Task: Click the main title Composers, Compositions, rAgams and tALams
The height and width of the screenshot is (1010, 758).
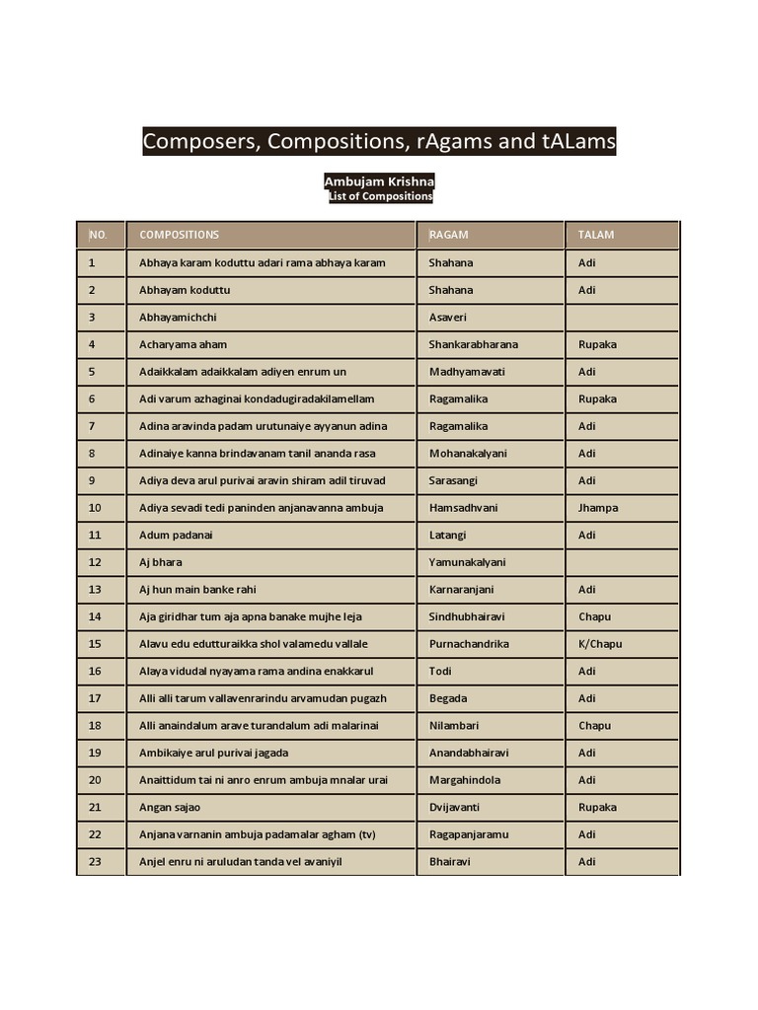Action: coord(379,142)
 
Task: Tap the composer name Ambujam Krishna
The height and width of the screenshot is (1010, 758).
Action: coord(379,182)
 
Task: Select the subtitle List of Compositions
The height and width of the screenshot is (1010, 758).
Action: coord(379,196)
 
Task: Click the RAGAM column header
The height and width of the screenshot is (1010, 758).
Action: coord(449,235)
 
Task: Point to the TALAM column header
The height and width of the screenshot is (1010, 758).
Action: coord(596,235)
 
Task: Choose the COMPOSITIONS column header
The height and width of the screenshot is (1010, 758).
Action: coord(180,235)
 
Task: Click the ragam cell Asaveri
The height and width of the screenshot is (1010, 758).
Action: coord(448,318)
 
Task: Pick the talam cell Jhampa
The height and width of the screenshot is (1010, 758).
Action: coord(598,508)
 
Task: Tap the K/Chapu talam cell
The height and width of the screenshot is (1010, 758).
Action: coord(600,644)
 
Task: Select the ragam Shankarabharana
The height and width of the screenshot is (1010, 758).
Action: coord(474,344)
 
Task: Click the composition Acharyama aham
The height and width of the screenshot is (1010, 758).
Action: coord(184,344)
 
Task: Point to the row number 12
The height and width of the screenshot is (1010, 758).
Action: coord(95,562)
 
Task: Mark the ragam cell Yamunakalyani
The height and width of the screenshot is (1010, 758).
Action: coord(468,562)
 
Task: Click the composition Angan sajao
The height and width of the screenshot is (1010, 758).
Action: coord(170,807)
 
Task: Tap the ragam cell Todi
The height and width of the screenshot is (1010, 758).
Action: coord(440,671)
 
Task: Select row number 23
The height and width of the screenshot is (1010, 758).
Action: coord(95,861)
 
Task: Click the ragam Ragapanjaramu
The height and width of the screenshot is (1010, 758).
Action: coord(469,834)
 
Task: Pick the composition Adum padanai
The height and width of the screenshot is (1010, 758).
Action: coord(177,535)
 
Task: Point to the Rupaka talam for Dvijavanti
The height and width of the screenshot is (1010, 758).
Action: coord(597,807)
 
